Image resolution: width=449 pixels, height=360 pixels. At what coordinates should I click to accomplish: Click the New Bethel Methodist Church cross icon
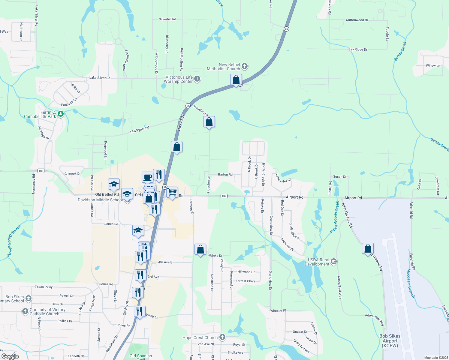coord(245,66)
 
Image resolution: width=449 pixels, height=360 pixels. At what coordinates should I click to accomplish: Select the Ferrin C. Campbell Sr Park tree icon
coord(61,114)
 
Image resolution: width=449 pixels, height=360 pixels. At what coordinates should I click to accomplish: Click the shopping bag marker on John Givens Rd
coord(368,249)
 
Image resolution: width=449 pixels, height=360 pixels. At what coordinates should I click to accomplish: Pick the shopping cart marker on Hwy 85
coord(172,192)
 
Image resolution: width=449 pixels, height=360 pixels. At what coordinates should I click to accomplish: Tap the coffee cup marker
coord(147,177)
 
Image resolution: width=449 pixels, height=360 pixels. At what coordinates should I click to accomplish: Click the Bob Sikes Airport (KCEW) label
coord(390,341)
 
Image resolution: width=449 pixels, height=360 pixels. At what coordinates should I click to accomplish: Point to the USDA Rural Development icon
coord(334,262)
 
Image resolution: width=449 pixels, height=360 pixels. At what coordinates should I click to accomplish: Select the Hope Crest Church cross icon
coord(222,337)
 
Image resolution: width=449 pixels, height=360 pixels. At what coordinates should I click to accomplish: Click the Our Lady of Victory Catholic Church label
coord(47,312)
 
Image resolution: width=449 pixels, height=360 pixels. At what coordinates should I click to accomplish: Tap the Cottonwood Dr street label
coord(357,20)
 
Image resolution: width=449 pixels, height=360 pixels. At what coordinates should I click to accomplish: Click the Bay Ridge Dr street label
coord(358,49)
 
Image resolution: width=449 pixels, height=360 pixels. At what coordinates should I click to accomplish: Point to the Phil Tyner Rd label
coord(140,130)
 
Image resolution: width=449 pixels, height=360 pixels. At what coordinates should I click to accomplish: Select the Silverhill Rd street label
coord(167,19)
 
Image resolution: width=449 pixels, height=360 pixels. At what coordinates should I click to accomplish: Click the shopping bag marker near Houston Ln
coord(209,122)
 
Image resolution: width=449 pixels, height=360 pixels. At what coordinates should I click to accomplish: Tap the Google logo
coord(10,356)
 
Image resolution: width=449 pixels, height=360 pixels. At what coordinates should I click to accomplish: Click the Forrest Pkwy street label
coord(245,281)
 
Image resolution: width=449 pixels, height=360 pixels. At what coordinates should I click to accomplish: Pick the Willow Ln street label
coord(433,66)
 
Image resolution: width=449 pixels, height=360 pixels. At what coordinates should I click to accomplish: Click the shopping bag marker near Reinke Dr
coord(200,249)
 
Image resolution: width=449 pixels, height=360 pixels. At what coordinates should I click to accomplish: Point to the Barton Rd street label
coord(225,175)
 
